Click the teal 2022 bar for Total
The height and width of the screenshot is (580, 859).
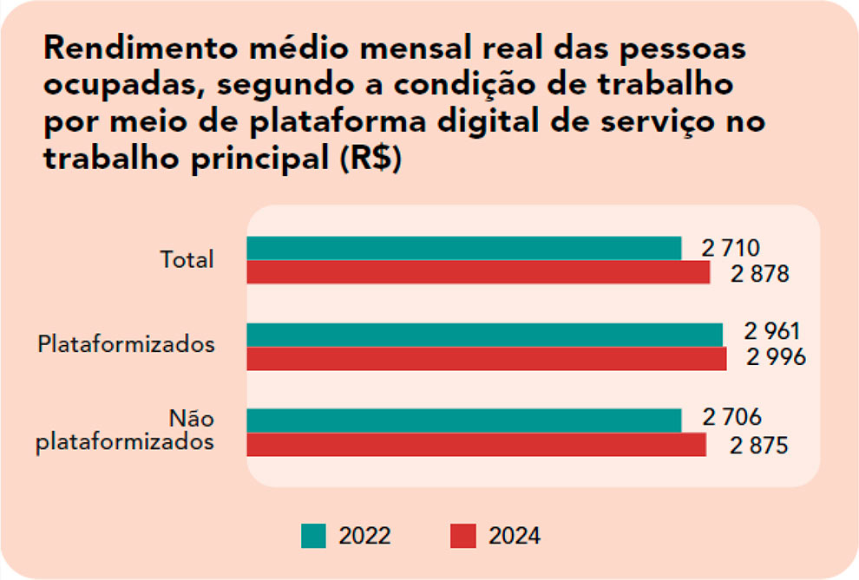coord(463,248)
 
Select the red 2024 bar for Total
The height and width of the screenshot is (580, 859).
coord(478,272)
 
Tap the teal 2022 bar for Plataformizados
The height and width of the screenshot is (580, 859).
coord(484,335)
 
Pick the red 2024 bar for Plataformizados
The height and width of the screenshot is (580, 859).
coord(486,358)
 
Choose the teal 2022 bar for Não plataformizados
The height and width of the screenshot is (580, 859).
coord(463,420)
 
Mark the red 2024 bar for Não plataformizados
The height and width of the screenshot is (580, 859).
coord(476,444)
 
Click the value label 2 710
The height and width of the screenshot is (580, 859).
coord(731,249)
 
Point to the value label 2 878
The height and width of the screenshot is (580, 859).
coord(760,274)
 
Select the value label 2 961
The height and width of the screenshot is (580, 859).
coord(771,332)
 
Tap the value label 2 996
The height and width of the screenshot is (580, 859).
coord(777,357)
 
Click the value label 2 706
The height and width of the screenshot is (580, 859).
coord(732,418)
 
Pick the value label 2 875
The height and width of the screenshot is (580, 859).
coord(758,446)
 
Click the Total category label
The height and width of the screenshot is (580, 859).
coord(187,260)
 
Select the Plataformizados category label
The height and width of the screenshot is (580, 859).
coord(127,344)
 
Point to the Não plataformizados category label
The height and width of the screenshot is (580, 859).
coord(127,431)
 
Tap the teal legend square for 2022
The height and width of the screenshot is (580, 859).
coord(313,536)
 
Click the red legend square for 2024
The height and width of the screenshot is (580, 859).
coord(463,536)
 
